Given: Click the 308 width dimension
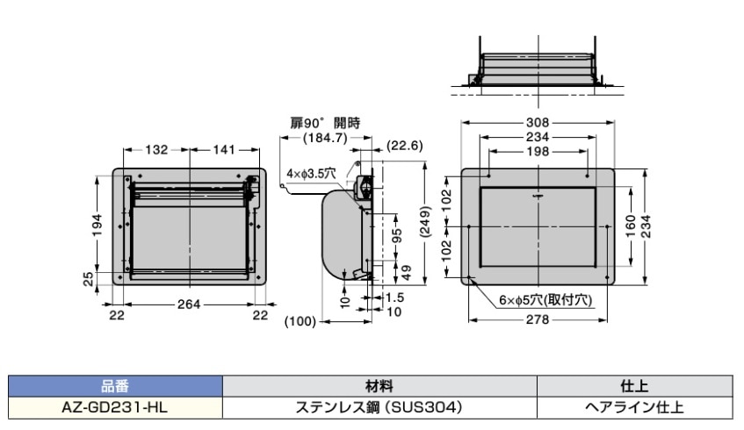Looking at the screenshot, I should [537, 122].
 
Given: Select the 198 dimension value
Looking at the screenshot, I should [537, 151].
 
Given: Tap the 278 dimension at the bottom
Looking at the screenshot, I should [537, 321].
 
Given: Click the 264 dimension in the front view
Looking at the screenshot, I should [189, 304].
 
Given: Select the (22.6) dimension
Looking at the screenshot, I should [407, 147].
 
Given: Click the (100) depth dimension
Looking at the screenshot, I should [301, 322].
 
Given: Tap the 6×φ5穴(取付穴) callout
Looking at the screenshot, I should [545, 299].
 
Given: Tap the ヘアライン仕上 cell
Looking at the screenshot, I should [633, 406].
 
